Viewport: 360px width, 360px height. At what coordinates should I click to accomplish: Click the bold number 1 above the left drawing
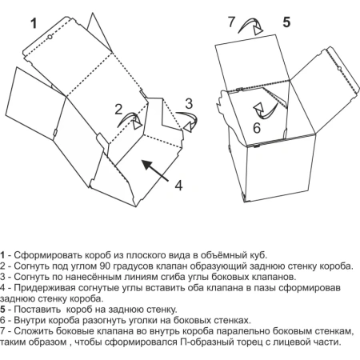(34, 24)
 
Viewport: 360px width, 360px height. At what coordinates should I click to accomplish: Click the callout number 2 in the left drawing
(118, 109)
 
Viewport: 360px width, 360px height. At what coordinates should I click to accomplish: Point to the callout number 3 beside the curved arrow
(189, 103)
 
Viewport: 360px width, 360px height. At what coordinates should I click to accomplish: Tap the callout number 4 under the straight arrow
(179, 185)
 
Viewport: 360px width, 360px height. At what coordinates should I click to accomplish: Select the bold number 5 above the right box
(286, 22)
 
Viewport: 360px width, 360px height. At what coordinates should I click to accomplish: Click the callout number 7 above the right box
(232, 22)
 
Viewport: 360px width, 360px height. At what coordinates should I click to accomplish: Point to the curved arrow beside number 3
(189, 120)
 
